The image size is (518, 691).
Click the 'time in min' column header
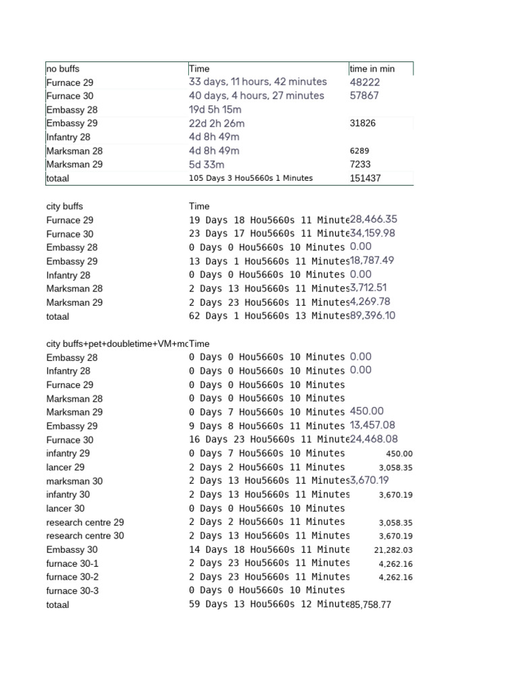(372, 69)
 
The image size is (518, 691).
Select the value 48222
(364, 82)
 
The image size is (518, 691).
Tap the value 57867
(364, 96)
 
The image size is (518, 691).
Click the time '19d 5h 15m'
(215, 110)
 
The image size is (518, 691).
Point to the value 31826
(363, 123)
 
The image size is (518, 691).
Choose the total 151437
(365, 179)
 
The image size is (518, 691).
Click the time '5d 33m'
(206, 165)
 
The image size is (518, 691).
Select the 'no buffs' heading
(63, 69)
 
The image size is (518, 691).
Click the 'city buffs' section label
(65, 206)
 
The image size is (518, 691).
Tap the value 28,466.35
(374, 219)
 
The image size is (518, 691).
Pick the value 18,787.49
(372, 260)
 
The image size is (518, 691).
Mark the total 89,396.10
(373, 316)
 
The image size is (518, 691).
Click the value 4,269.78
(370, 302)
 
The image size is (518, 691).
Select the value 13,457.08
(373, 425)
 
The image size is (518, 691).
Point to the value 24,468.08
(374, 439)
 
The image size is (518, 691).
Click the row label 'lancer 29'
(65, 468)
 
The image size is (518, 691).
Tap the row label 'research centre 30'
(85, 536)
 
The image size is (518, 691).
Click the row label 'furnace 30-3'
(73, 591)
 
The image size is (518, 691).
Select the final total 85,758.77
(370, 605)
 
